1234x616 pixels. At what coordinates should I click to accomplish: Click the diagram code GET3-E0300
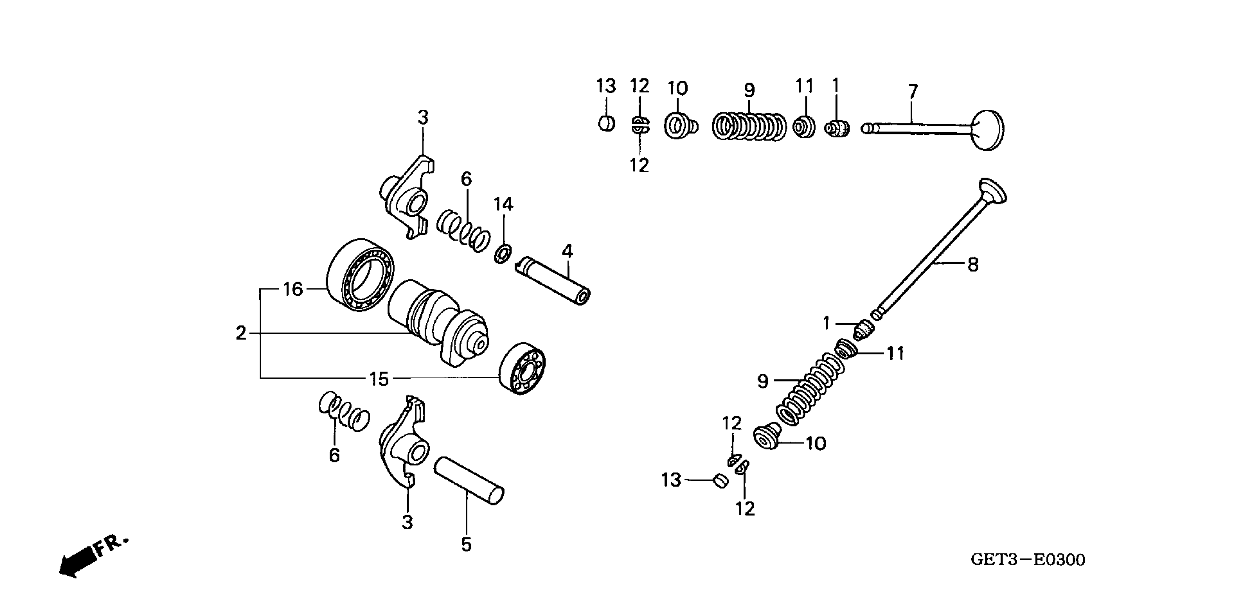click(1028, 559)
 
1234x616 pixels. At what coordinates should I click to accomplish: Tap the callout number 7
click(913, 91)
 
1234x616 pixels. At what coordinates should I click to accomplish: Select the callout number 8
click(973, 264)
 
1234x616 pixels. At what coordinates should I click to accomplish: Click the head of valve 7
click(988, 130)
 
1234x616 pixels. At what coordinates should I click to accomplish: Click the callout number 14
click(503, 204)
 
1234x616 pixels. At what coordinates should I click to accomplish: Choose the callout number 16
click(293, 289)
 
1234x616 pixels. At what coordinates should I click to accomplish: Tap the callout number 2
click(241, 333)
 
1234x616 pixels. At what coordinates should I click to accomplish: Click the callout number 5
click(466, 544)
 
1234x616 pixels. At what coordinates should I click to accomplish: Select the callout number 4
click(567, 251)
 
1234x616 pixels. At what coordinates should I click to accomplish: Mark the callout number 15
click(379, 379)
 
